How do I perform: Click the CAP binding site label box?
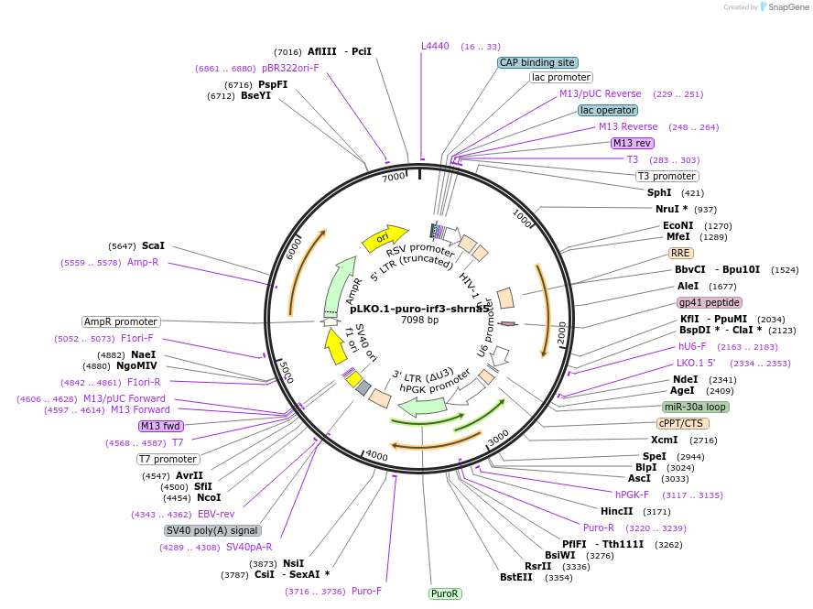click(x=537, y=62)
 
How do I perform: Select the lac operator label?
click(x=608, y=110)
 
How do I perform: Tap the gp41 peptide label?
click(x=709, y=302)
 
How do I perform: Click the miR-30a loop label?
click(x=695, y=407)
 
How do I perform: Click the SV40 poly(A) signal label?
click(x=212, y=530)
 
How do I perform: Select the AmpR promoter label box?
click(x=121, y=321)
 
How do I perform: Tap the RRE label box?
click(x=680, y=253)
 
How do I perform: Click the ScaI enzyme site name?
click(x=153, y=245)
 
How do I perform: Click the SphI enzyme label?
click(x=659, y=192)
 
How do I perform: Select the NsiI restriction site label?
click(x=293, y=563)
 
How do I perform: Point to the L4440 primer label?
click(x=435, y=46)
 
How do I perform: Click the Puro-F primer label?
click(x=366, y=591)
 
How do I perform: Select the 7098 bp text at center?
click(x=419, y=320)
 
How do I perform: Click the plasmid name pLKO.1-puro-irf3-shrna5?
click(x=419, y=309)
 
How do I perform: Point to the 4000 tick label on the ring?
click(x=377, y=454)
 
